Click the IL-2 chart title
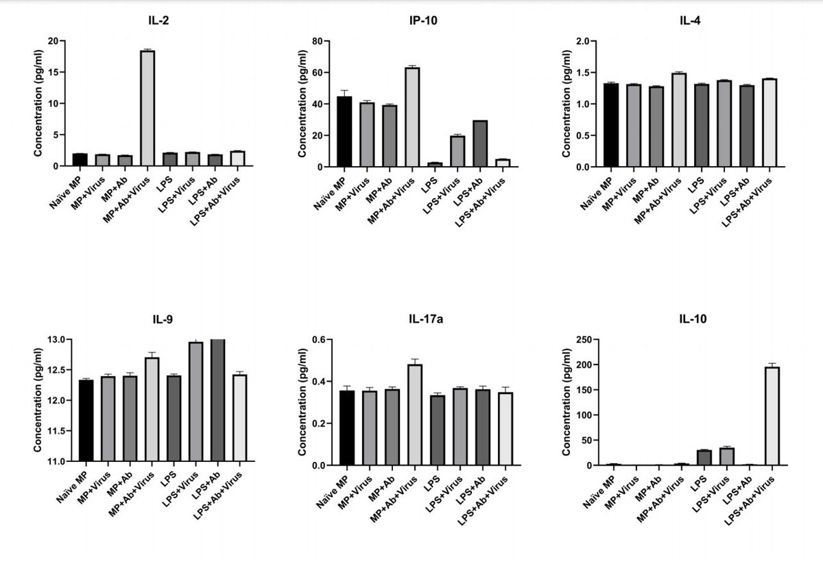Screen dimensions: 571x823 pyautogui.click(x=159, y=21)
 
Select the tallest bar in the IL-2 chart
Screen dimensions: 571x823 pyautogui.click(x=147, y=108)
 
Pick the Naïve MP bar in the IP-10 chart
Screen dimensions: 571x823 pyautogui.click(x=344, y=132)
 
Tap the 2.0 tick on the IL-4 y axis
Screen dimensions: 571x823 pyautogui.click(x=583, y=41)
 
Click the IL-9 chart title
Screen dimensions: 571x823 pyautogui.click(x=162, y=319)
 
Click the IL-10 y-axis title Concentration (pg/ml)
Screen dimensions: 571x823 pyautogui.click(x=566, y=402)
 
